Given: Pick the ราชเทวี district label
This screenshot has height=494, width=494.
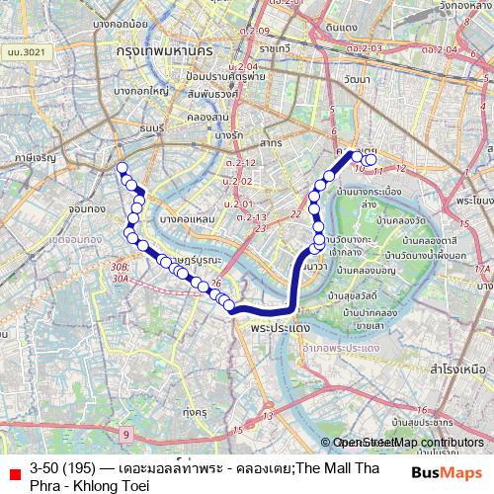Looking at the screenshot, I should coord(249,46).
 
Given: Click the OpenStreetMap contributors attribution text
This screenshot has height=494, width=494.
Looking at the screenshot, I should coord(408,443).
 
